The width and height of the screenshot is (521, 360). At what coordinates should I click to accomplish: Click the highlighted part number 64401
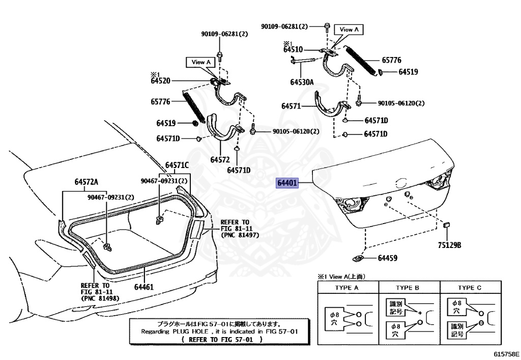pyautogui.click(x=287, y=183)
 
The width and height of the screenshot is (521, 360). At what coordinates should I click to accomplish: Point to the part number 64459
pyautogui.click(x=387, y=258)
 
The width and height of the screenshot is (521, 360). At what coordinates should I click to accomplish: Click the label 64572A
pyautogui.click(x=86, y=182)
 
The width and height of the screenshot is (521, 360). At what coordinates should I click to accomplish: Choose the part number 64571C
pyautogui.click(x=177, y=165)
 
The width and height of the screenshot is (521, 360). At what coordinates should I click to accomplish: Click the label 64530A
pyautogui.click(x=302, y=81)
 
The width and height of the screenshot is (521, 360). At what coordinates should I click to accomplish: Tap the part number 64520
pyautogui.click(x=160, y=80)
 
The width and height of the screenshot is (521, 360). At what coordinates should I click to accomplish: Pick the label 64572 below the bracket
pyautogui.click(x=221, y=159)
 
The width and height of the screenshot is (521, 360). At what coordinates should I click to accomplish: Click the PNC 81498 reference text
pyautogui.click(x=101, y=298)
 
